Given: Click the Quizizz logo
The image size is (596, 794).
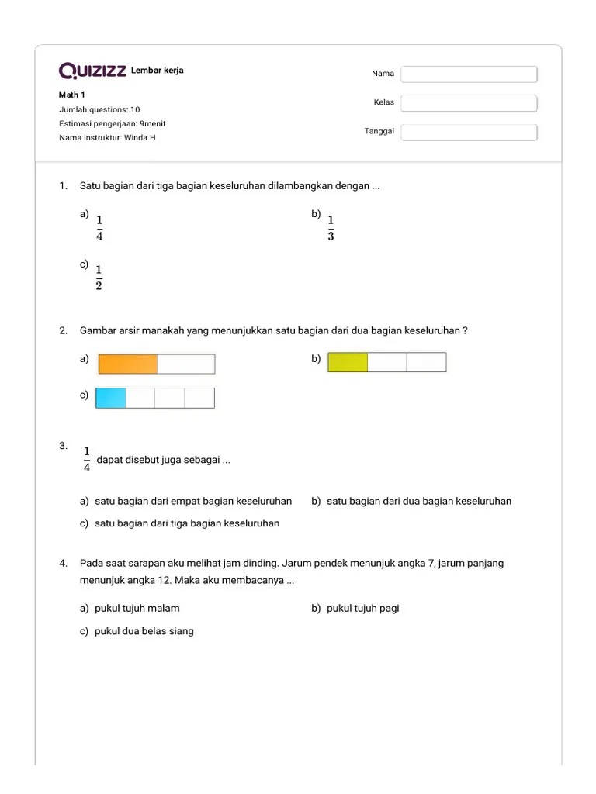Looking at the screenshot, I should pos(92,71).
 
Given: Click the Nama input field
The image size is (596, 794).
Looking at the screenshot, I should pos(469,74).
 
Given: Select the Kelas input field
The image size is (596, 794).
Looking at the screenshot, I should pos(469,103).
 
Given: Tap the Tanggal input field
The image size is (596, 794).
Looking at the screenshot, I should pos(469,132).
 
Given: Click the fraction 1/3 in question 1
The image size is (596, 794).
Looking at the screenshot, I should pos(331,228).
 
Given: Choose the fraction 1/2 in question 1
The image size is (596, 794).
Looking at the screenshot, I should pos(99,277).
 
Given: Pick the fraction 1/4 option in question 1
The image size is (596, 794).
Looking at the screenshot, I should pos(99,228).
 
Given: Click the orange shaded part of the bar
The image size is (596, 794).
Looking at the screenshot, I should pos(128,364).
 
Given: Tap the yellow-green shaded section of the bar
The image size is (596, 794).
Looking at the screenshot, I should pos(348,362).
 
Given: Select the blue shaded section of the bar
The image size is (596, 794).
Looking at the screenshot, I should pos(111,398).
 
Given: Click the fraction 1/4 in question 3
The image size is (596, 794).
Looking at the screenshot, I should pos(87,459).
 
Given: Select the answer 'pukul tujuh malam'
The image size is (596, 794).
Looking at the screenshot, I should pos(137,609).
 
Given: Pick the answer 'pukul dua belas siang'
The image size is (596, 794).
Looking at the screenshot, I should pos(144,631).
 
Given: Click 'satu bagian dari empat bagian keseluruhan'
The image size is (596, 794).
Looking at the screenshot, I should pos(192,501).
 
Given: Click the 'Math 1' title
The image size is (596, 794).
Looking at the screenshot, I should pos(72,95).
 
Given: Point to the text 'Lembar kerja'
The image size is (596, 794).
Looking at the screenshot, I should pos(158,71).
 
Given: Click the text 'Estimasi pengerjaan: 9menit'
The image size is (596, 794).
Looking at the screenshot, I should pos(113,124).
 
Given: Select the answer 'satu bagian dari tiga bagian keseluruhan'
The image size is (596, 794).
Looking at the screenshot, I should pos(186,523).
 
